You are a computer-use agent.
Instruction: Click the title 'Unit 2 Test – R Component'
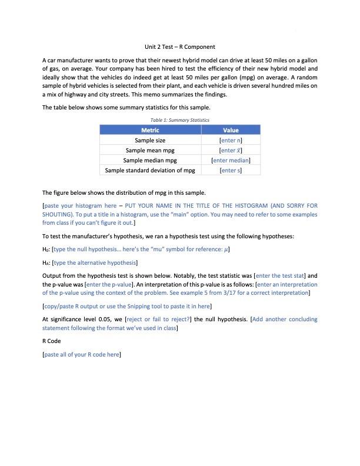180,46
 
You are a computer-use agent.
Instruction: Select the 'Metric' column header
150,130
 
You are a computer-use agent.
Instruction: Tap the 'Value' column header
231,130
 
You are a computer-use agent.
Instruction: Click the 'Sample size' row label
150,141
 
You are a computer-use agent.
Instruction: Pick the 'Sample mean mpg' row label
150,151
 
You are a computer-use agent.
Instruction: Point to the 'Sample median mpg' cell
150,161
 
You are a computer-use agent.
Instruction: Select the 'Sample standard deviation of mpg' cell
150,171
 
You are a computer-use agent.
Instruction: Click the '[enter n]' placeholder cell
231,141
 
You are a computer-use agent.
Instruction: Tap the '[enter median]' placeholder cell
231,161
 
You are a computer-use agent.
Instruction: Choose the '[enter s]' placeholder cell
231,171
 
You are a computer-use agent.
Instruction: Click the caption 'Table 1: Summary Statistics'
180,120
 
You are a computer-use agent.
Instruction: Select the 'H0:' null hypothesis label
46,250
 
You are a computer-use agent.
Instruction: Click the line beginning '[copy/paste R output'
127,307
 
